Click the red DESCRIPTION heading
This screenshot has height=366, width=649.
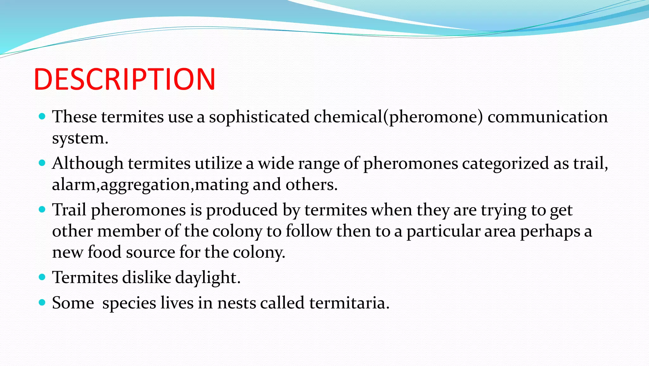point(125,79)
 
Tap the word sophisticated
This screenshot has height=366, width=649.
point(259,117)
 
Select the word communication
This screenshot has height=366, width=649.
point(547,117)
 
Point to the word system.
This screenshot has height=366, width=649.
point(80,138)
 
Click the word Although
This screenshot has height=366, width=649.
point(88,164)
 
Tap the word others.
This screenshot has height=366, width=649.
point(311,184)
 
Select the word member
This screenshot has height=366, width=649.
point(128,231)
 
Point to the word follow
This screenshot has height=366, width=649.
point(308,231)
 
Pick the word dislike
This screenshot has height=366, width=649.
point(147,277)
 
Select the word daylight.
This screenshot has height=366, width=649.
point(208,278)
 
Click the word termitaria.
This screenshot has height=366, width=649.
point(349,303)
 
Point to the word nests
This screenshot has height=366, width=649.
point(236,303)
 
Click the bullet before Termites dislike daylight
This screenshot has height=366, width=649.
point(42,277)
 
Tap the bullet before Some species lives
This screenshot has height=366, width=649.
point(42,302)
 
